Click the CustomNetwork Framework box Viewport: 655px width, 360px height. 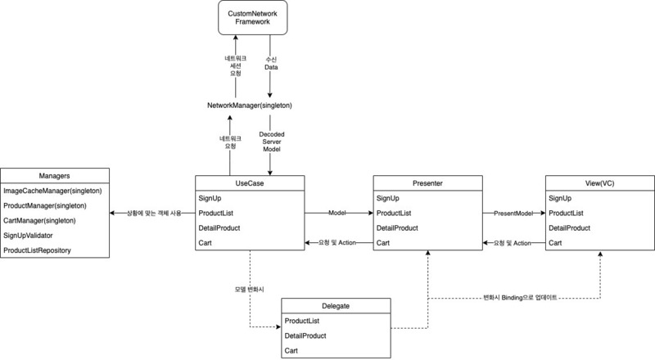(251, 19)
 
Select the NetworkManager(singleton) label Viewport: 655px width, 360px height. (251, 106)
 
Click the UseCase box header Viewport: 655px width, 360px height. (251, 183)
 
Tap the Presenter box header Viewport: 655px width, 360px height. (427, 183)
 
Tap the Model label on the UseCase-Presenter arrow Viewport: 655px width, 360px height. (337, 213)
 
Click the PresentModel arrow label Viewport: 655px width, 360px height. (513, 213)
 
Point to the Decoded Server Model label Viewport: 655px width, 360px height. (271, 144)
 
